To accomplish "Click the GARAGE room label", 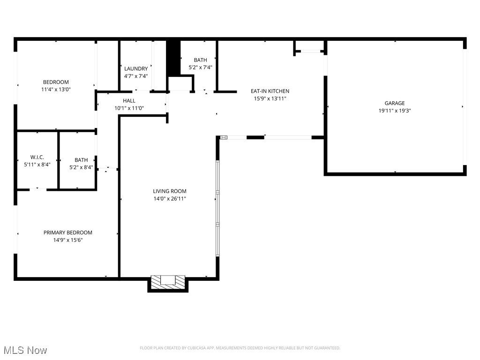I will pos(395,103).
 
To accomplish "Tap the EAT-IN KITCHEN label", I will pos(270,91).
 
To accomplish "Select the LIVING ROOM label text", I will pos(170,191).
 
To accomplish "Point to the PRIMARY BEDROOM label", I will pos(68,232).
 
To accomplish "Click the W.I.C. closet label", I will pos(37,157).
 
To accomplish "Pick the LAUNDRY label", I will pos(136,68).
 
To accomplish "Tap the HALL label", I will pos(129,100).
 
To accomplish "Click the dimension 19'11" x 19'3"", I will pos(395,111).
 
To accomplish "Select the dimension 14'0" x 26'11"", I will pos(170,198).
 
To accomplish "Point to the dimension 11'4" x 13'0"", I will pos(56,89).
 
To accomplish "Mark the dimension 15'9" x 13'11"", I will pos(270,98).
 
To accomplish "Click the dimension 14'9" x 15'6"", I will pos(68,240).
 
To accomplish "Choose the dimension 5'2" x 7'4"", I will pos(200,67).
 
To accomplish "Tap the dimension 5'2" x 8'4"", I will pos(81,167).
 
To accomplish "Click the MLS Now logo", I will pos(25,350).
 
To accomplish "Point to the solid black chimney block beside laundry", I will pos(173,57).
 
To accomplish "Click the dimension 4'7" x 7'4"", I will pos(136,76).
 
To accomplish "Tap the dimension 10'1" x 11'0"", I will pos(129,108).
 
